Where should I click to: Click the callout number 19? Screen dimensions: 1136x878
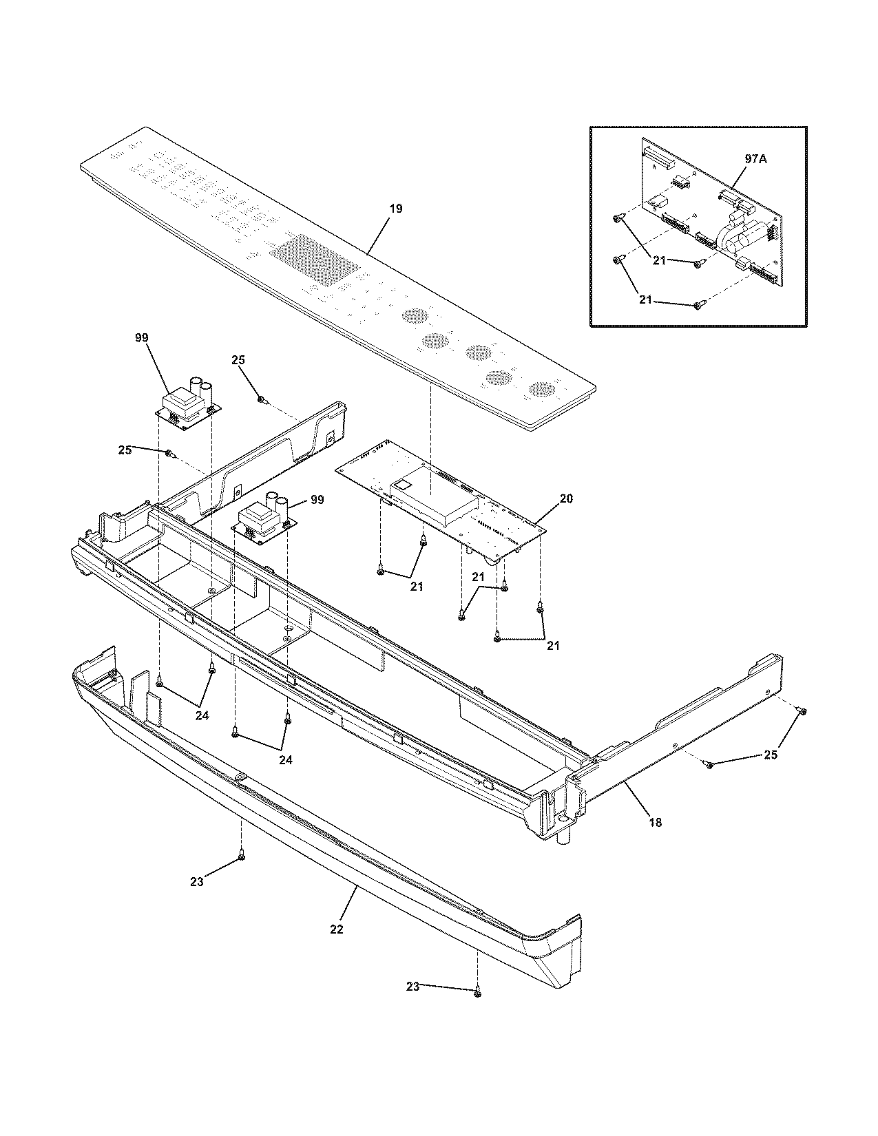395,208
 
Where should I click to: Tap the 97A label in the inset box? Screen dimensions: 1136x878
756,158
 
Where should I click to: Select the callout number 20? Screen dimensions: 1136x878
565,498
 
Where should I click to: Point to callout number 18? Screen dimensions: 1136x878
655,821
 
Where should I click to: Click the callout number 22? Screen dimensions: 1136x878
336,929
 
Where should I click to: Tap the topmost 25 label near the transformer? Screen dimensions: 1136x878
238,359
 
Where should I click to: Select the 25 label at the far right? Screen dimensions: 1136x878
771,755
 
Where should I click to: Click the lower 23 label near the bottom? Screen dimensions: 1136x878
412,987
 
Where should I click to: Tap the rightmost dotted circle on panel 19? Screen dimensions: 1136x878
541,390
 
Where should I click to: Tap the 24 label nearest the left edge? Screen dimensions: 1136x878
201,715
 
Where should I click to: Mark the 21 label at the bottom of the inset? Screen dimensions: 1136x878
645,301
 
